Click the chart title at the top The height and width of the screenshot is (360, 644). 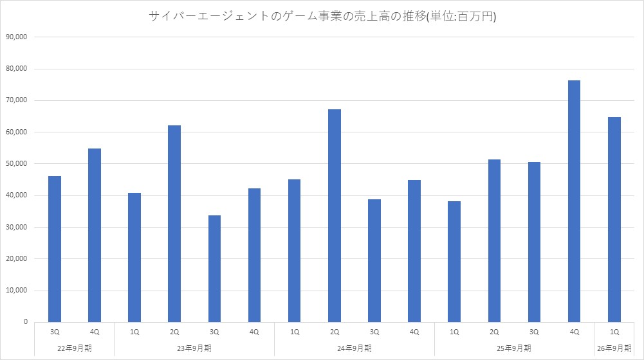click(x=322, y=17)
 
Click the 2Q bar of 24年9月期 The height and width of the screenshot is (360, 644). click(x=335, y=215)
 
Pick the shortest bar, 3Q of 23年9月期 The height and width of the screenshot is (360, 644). click(x=214, y=269)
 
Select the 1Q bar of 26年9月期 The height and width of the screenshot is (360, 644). click(x=614, y=219)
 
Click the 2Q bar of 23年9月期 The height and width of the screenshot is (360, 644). click(x=174, y=224)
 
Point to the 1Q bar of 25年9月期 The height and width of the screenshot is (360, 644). click(x=454, y=262)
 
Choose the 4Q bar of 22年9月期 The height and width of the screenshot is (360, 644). click(x=95, y=235)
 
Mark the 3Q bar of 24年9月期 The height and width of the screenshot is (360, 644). click(x=374, y=260)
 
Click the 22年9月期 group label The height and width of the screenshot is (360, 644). click(x=74, y=348)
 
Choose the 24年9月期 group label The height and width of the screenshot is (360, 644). click(x=354, y=348)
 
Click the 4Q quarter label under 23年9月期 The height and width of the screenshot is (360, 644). click(x=254, y=332)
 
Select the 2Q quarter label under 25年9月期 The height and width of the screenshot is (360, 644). click(x=494, y=332)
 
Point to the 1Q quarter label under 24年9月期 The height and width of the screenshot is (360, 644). click(x=295, y=332)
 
